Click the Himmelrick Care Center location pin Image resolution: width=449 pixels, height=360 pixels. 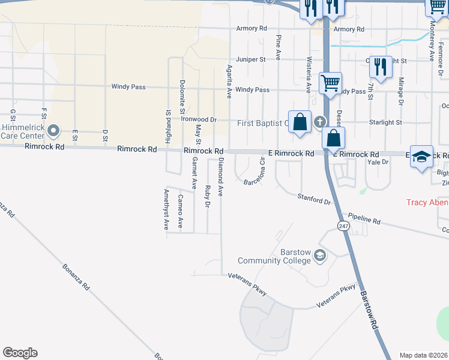[x=53, y=130]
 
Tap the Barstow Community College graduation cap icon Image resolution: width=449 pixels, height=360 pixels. [x=320, y=256]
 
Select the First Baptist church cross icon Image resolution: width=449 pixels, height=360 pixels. [x=320, y=122]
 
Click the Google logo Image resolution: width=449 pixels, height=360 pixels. [x=20, y=353]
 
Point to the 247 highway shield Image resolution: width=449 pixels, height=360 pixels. [x=343, y=226]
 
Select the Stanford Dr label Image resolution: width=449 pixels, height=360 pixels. [x=315, y=199]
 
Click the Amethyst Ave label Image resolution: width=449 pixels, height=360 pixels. [x=167, y=209]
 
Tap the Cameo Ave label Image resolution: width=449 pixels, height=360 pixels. [x=180, y=211]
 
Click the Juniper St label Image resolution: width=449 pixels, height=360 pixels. [x=250, y=59]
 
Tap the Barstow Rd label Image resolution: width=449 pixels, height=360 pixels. [x=368, y=310]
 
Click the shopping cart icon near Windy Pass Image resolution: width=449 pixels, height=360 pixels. [x=330, y=82]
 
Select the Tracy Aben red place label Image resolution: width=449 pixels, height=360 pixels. [x=427, y=202]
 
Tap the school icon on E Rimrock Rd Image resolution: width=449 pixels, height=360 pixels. [x=421, y=155]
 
